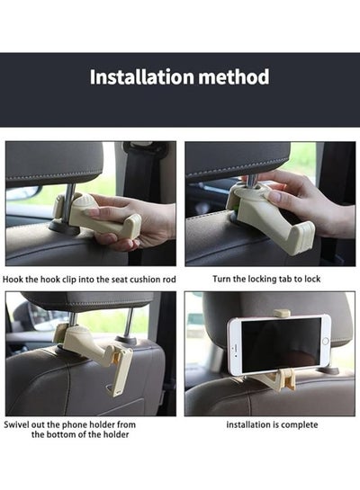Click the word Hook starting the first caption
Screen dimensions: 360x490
(x=13, y=279)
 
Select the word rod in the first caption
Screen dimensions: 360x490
(x=169, y=279)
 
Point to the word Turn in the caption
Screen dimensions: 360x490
(x=221, y=279)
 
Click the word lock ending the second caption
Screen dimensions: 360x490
(x=312, y=279)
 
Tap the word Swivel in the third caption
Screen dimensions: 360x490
(x=14, y=424)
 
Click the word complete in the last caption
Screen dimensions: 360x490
(x=302, y=425)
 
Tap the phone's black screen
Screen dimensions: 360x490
(x=281, y=345)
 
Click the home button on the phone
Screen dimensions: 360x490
(x=325, y=341)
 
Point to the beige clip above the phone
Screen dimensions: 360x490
(x=282, y=313)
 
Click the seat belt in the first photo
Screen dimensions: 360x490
(x=139, y=175)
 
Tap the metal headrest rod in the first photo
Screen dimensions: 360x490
(x=68, y=202)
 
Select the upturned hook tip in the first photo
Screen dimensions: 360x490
(x=133, y=225)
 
